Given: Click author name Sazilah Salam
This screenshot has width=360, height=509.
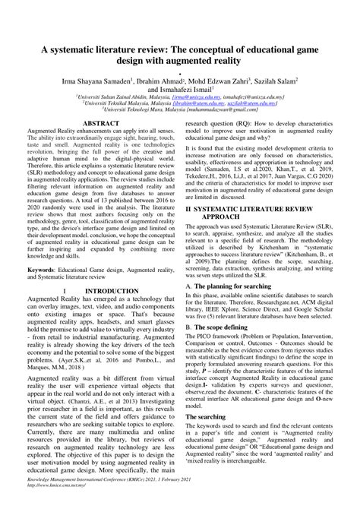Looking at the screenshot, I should (x=280, y=78).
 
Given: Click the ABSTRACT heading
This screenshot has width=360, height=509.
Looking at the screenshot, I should (x=101, y=122).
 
